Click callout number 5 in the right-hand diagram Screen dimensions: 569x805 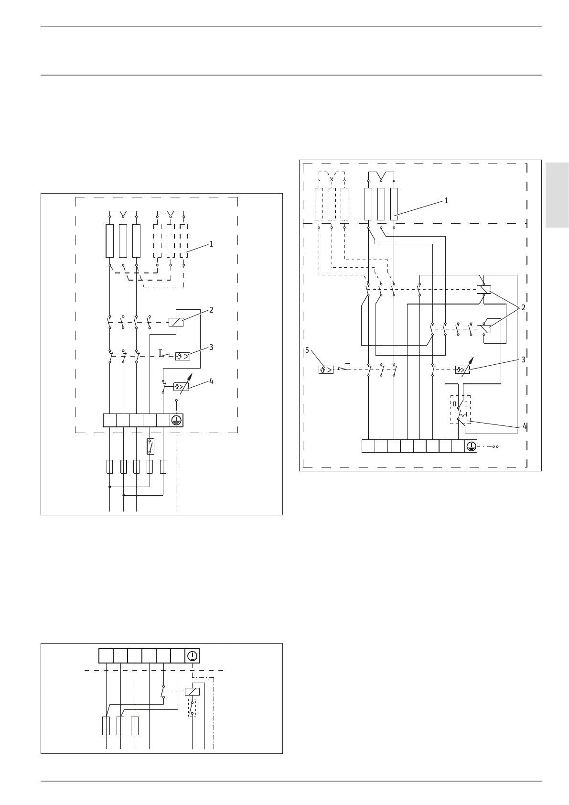pos(307,350)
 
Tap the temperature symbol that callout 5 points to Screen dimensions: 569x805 pos(326,370)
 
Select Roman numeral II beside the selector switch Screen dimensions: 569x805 pos(455,404)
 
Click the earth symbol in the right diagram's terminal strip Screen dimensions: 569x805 pos(471,446)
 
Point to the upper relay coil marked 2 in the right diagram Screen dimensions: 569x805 pos(484,289)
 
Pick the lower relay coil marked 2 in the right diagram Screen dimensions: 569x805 pos(484,329)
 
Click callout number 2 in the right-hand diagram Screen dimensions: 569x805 pos(523,308)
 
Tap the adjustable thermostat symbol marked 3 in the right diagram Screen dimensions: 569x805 pos(462,370)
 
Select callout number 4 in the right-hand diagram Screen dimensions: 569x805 pos(525,425)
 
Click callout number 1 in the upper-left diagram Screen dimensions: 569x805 pos(211,244)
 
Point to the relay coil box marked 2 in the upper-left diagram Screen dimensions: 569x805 pos(176,322)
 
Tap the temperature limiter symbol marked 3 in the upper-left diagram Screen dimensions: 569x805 pos(183,356)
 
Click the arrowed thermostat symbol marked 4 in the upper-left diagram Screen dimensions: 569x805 pos(181,386)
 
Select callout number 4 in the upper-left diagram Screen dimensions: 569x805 pos(211,381)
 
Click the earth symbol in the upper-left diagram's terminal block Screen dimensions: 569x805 pos(177,420)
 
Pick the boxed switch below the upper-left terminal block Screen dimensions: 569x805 pos(150,446)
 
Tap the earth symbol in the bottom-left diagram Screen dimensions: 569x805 pos(192,656)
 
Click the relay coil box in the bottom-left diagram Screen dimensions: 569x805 pos(192,691)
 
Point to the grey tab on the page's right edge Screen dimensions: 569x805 pos(557,195)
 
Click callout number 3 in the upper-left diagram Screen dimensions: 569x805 pos(211,348)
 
